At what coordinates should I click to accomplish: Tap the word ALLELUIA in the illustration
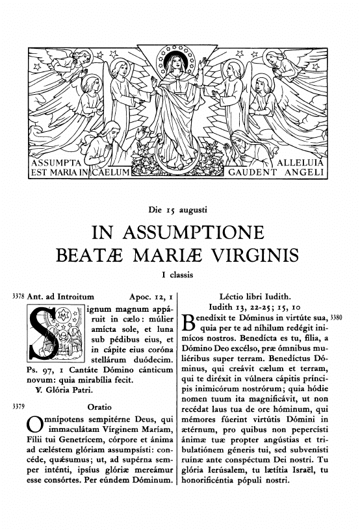tap(302, 161)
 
